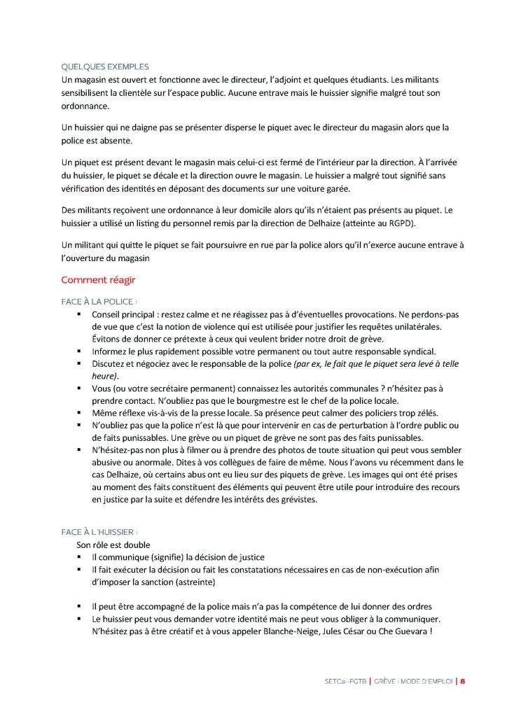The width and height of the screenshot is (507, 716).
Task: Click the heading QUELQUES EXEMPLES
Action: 105,67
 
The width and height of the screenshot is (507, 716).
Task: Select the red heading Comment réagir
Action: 98,280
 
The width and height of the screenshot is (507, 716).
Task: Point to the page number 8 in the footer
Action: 463,680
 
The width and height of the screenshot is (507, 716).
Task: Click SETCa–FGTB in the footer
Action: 345,680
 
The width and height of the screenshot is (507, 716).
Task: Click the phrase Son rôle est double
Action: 113,545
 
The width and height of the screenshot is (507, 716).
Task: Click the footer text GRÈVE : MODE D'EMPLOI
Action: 414,680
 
